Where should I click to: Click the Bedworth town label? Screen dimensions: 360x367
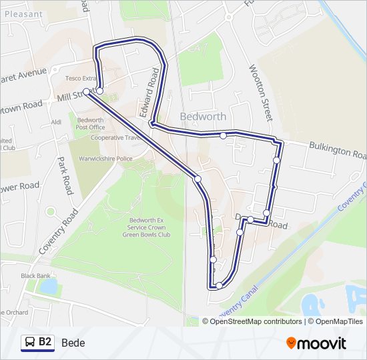point(203,117)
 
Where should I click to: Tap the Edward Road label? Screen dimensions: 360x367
point(151,93)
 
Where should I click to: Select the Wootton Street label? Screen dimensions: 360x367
point(260,93)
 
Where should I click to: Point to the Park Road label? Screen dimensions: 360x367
point(65,175)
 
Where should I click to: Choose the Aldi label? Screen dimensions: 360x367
point(56,122)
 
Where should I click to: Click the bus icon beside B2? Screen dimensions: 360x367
point(30,342)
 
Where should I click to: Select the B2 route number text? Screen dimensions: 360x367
point(45,342)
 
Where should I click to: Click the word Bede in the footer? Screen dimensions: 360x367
point(73,343)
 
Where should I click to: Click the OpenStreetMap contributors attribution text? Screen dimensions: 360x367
point(256,321)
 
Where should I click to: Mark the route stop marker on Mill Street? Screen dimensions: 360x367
point(87,92)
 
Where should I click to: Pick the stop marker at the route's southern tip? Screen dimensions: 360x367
point(219,286)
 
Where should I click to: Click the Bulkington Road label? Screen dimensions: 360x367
point(337,151)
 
